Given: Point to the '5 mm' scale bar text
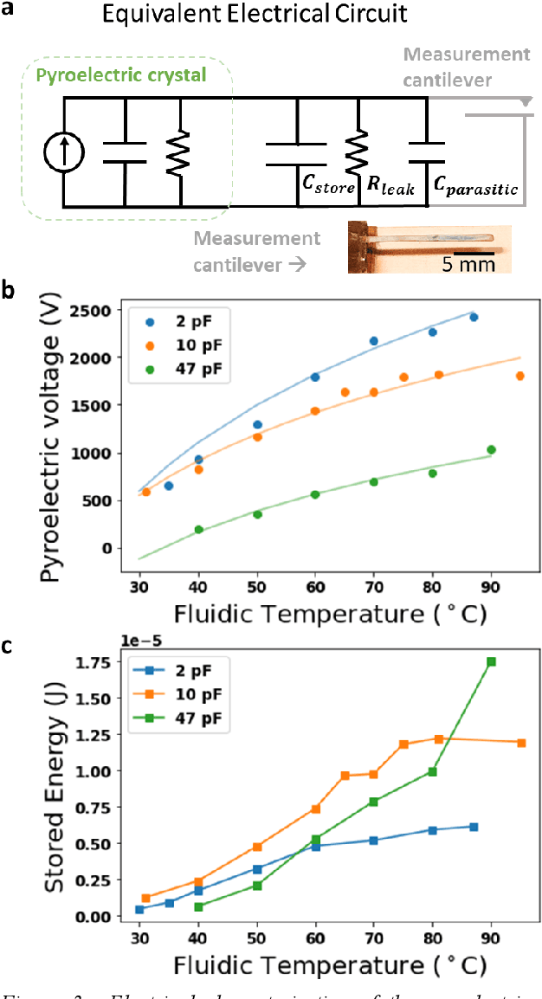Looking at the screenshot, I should tap(468, 263).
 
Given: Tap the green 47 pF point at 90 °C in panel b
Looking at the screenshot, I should tap(491, 449).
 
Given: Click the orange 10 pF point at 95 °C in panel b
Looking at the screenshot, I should tap(519, 376).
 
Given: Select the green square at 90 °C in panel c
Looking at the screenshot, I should tap(491, 661).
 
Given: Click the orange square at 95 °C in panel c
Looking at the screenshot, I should tap(521, 743).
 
